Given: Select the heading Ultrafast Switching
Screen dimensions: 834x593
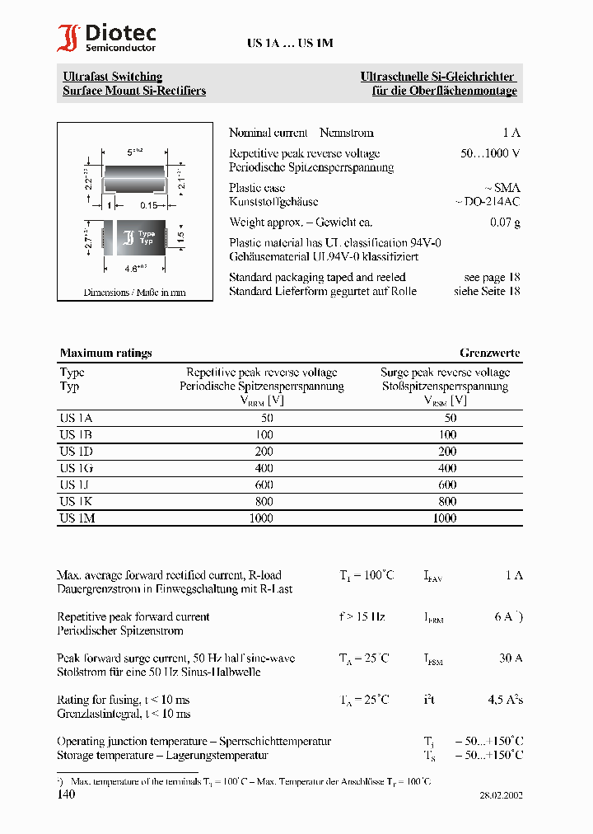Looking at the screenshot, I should click(x=113, y=77).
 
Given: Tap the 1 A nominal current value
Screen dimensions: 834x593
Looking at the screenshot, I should click(x=511, y=133).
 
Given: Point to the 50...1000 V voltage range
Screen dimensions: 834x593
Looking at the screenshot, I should click(x=490, y=153).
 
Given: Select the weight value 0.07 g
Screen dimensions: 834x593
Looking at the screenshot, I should click(x=505, y=223).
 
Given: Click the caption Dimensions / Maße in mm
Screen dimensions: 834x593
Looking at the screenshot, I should click(x=134, y=293).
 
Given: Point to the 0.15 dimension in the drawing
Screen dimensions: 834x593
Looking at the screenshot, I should click(x=148, y=205).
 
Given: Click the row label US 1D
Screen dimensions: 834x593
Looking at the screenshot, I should click(x=76, y=452).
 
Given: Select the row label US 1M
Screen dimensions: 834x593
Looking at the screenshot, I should click(x=77, y=518).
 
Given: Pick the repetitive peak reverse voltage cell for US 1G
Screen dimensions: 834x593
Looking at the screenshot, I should click(x=260, y=468).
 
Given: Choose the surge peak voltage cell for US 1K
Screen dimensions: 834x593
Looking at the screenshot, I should click(x=446, y=501).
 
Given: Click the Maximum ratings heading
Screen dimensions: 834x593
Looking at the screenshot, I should click(x=105, y=353).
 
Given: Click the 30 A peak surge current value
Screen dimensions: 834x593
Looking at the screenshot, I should click(x=510, y=658).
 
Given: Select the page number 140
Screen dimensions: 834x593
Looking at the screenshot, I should click(x=66, y=794).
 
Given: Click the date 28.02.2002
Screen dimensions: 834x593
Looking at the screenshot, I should click(x=501, y=796).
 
